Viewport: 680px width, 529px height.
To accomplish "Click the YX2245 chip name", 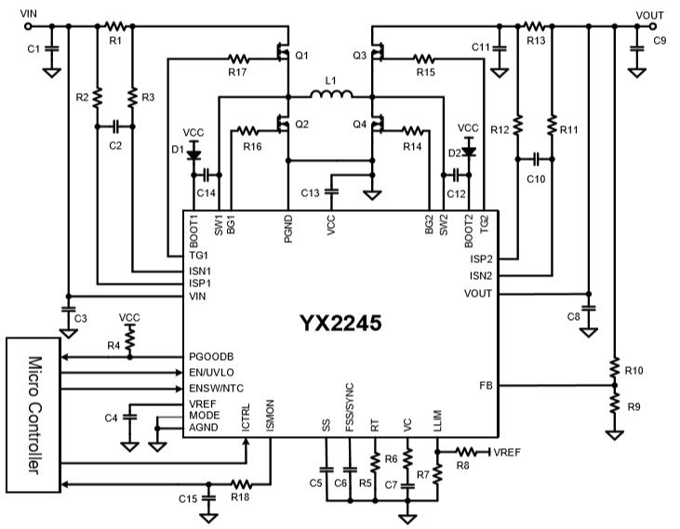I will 340,324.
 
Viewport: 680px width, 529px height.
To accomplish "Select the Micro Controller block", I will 35,413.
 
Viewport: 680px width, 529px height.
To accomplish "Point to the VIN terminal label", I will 30,12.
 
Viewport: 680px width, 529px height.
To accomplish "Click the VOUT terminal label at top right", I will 649,12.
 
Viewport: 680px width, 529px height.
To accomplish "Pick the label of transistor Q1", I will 300,55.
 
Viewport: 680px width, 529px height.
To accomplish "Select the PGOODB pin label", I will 210,356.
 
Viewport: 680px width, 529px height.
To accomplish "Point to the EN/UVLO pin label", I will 212,372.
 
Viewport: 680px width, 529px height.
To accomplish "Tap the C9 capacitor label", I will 660,42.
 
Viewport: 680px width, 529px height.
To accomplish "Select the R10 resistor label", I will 634,371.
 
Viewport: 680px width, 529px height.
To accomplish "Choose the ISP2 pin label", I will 481,259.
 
